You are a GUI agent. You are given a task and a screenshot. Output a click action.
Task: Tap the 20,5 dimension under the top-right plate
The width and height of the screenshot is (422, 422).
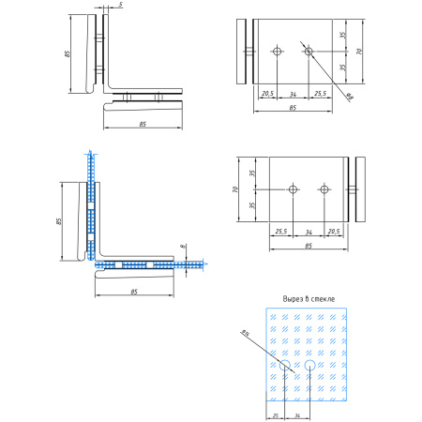(x=266, y=94)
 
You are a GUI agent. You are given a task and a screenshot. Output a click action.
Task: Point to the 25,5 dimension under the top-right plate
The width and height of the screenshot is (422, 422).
(x=321, y=94)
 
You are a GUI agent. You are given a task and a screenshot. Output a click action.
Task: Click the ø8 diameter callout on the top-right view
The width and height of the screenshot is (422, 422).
(x=348, y=97)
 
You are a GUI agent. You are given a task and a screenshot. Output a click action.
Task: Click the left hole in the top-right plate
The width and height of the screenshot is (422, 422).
(x=278, y=51)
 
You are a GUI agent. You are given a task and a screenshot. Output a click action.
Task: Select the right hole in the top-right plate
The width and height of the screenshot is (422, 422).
(x=309, y=51)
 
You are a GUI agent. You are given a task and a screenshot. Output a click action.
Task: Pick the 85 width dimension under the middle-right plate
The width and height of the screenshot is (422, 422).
(x=309, y=246)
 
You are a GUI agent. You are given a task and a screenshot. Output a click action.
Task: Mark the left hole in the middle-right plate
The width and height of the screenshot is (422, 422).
(x=293, y=189)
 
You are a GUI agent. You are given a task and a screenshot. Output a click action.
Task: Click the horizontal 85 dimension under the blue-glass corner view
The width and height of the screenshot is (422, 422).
(x=134, y=293)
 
